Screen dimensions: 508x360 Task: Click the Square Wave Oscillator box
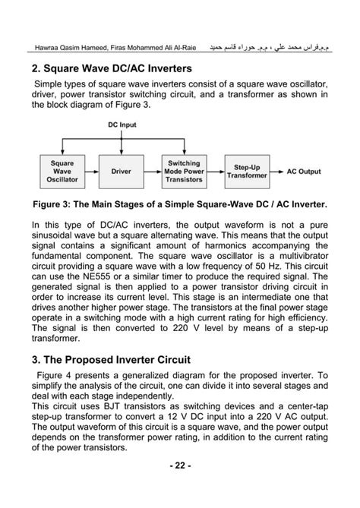pyautogui.click(x=62, y=172)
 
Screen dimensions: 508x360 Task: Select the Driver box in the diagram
pyautogui.click(x=122, y=172)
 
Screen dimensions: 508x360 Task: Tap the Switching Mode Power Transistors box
pyautogui.click(x=184, y=172)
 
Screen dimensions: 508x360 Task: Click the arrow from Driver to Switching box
pyautogui.click(x=153, y=172)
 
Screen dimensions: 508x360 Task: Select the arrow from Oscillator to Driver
pyautogui.click(x=93, y=172)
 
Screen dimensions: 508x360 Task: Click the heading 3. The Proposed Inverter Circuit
pyautogui.click(x=115, y=358)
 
